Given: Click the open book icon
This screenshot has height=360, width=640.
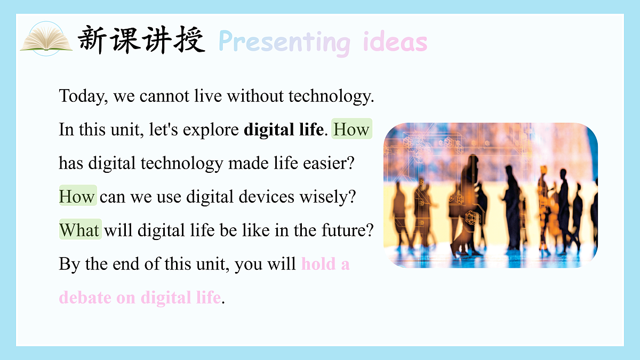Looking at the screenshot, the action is [46, 39].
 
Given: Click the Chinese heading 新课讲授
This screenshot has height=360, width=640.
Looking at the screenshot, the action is [141, 39].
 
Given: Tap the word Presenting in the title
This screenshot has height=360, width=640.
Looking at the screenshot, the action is [285, 42].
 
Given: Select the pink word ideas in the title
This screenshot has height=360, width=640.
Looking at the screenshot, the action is [395, 42].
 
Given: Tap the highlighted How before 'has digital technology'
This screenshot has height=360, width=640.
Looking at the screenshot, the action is [351, 129].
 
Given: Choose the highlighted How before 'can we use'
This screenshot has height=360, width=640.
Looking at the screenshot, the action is [78, 196].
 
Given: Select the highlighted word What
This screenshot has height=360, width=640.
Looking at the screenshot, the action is [81, 229].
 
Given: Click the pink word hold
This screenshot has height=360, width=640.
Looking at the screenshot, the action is [318, 263].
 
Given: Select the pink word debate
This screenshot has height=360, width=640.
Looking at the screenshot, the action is [85, 298].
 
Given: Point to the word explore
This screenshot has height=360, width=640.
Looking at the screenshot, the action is [211, 130].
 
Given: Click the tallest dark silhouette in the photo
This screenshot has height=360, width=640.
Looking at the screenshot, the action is [469, 205].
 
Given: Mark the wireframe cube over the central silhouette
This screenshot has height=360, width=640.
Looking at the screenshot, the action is [473, 218].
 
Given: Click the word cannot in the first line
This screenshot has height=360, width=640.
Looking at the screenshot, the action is [164, 97].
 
